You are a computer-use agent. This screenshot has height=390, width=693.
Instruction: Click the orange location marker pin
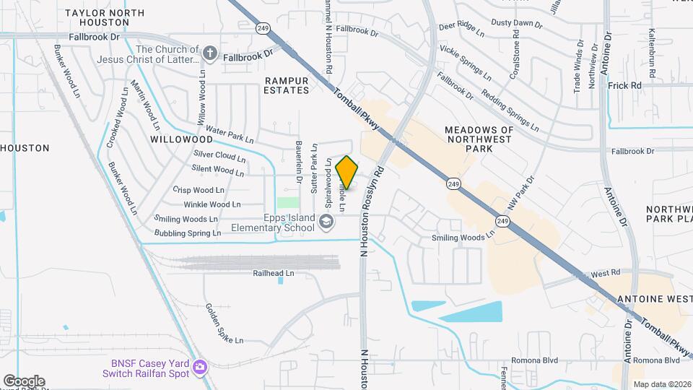347,172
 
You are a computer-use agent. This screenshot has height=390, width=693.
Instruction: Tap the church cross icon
210,53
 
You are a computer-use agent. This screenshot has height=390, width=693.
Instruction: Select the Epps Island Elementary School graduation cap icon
327,222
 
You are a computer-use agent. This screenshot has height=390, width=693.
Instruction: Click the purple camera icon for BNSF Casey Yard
199,368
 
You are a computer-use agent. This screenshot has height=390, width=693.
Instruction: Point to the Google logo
24,381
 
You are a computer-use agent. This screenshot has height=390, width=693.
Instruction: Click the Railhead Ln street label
274,274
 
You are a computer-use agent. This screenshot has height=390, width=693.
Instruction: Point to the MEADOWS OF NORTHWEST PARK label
479,139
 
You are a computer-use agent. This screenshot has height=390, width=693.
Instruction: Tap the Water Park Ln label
230,134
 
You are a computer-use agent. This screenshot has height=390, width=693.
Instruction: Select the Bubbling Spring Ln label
188,233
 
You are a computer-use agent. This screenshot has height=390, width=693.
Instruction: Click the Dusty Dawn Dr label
516,23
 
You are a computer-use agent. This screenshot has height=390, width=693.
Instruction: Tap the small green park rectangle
288,203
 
